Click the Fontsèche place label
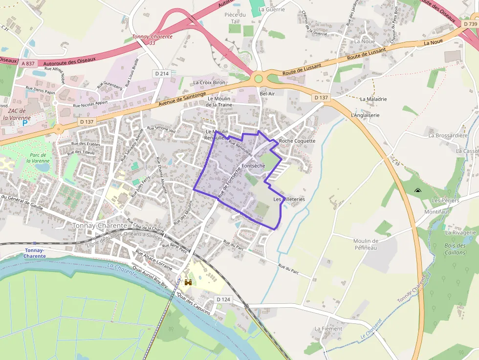[253, 166]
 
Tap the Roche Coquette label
[297, 141]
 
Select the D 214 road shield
[161, 73]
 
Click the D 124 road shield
[223, 299]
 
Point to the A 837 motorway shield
[28, 63]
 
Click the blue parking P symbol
[25, 124]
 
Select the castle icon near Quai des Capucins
[188, 282]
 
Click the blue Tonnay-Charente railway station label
[35, 253]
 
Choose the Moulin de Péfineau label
[366, 244]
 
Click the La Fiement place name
[328, 329]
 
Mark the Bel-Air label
[267, 93]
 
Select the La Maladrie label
[373, 99]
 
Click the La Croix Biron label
[209, 83]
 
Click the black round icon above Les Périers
[417, 191]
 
